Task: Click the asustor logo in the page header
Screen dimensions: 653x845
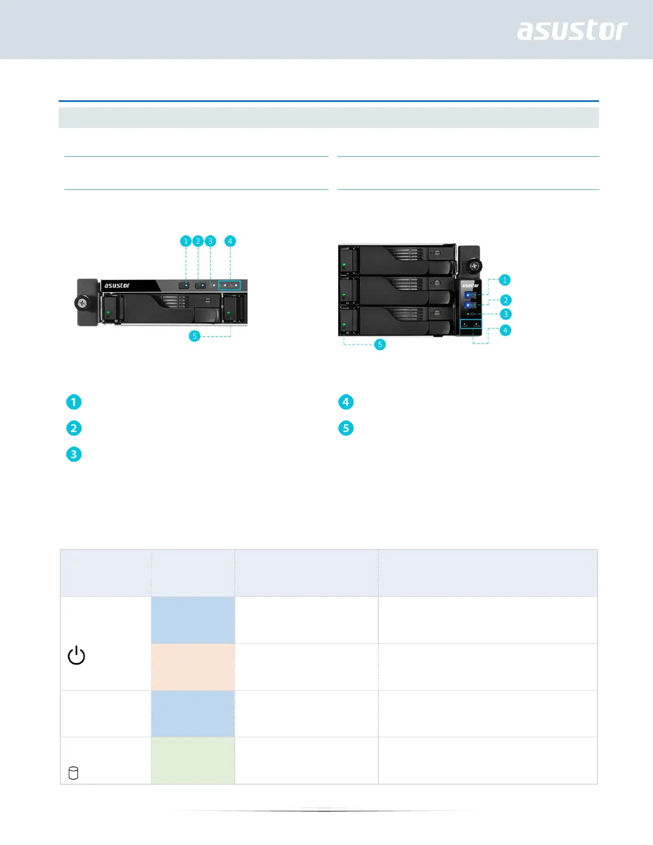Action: pos(572,30)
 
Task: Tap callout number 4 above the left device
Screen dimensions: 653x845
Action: pos(230,241)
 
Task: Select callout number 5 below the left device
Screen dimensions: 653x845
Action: pos(195,336)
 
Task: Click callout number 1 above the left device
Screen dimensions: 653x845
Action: pos(186,241)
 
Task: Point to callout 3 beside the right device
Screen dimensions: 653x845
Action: pos(505,314)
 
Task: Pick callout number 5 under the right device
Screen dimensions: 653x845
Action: pos(380,345)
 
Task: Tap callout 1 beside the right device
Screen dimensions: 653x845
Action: pos(505,280)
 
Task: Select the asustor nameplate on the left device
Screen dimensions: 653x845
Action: pos(117,286)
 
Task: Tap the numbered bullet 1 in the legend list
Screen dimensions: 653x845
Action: pos(74,402)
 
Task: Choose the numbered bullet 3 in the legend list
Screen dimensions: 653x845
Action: pos(74,455)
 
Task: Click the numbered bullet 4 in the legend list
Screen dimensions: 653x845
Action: pos(346,402)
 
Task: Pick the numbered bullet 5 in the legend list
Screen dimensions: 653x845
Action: pos(346,428)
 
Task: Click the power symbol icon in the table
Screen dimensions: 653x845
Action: pos(76,655)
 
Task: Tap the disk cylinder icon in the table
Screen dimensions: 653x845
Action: pos(74,773)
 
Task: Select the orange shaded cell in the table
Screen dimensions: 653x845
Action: pos(193,667)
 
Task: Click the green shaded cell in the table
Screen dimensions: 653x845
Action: pos(193,760)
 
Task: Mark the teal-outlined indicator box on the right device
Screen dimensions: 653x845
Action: pos(471,324)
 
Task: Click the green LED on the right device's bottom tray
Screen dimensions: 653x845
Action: pos(344,324)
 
